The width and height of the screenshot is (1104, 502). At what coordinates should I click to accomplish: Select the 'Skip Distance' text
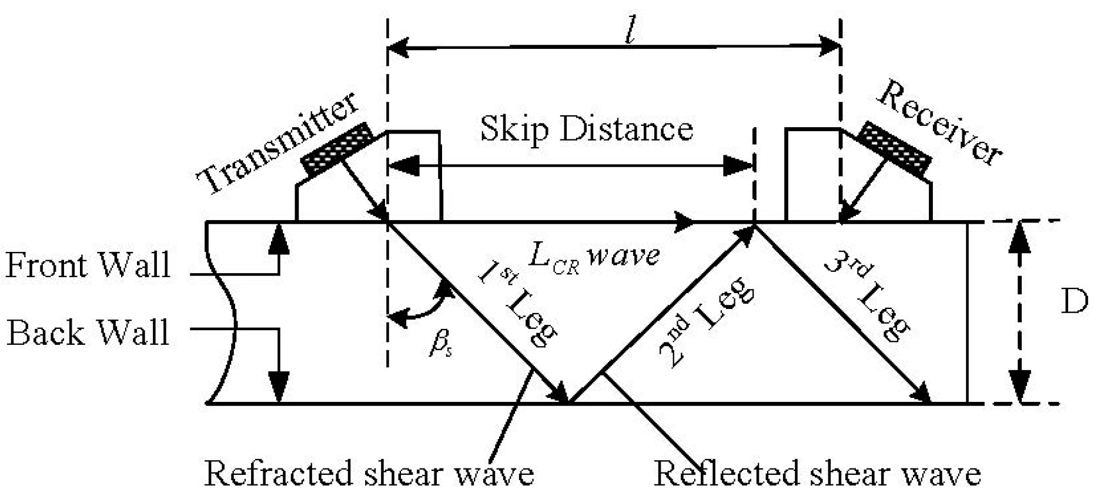tap(586, 128)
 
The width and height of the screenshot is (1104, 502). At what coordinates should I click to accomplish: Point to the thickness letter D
tap(1073, 302)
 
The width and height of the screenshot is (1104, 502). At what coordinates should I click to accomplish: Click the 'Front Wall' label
tap(88, 265)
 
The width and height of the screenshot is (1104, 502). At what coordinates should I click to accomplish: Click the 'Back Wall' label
tap(88, 333)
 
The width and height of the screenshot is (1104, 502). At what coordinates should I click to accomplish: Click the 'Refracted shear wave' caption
tap(369, 473)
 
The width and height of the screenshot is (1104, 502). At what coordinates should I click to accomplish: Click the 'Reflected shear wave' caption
tap(817, 474)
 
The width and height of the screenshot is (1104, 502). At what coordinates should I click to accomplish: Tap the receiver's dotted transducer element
tap(894, 148)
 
